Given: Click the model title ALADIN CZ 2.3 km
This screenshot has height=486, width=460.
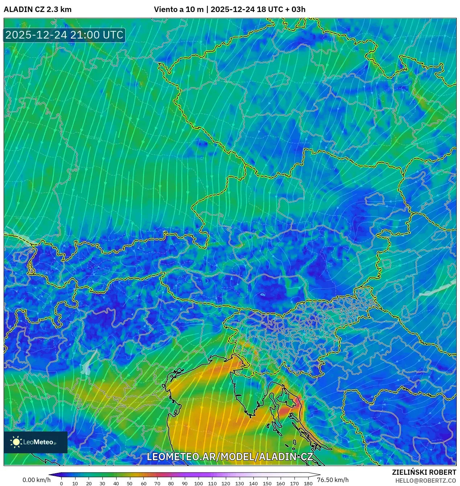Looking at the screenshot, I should [37, 9].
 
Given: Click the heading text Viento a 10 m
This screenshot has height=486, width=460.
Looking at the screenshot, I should [179, 9].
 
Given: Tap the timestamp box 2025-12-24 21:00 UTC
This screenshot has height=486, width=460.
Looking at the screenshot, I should [64, 35].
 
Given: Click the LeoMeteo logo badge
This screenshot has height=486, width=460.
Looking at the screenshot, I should [36, 442].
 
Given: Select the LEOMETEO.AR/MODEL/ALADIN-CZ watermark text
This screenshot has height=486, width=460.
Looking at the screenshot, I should [229, 457].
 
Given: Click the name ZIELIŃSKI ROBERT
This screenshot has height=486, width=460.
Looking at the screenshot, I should [424, 472].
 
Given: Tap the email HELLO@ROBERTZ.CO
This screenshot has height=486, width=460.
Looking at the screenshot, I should [426, 481].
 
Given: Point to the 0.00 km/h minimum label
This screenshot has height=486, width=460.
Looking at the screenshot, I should [36, 480].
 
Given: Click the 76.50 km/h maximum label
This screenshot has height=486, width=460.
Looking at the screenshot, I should [333, 480].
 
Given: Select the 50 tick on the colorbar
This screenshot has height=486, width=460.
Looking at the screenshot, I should [130, 483].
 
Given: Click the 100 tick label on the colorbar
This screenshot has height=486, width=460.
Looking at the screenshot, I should [198, 483].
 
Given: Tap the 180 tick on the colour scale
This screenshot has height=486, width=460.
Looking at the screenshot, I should [308, 483].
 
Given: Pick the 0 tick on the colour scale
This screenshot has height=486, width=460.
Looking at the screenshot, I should [61, 483].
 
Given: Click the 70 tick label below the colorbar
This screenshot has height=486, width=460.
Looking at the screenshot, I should [157, 483].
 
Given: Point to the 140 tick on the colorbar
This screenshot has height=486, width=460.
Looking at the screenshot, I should [253, 483].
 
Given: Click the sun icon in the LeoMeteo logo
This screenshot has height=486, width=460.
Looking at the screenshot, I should [16, 442].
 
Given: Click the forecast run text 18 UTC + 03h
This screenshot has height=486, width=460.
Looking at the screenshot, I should [281, 9].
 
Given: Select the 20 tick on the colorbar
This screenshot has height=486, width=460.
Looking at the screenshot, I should [89, 483].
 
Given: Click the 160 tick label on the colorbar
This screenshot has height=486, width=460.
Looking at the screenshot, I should [280, 483].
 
